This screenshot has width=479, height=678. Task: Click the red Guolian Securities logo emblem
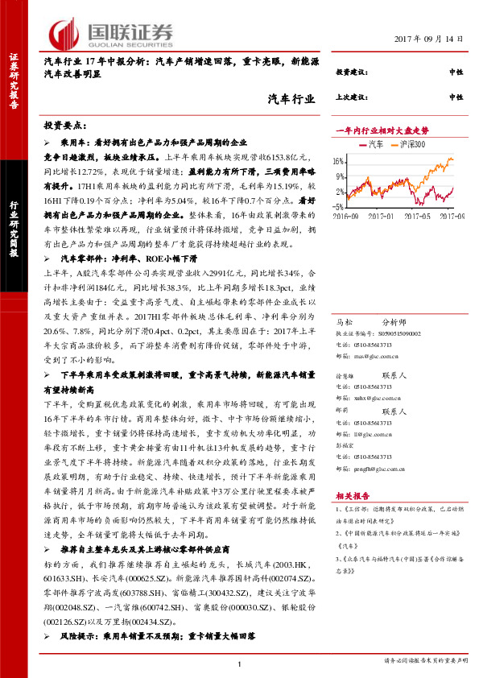[64, 32]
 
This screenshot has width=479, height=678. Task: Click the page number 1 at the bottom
[240, 663]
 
